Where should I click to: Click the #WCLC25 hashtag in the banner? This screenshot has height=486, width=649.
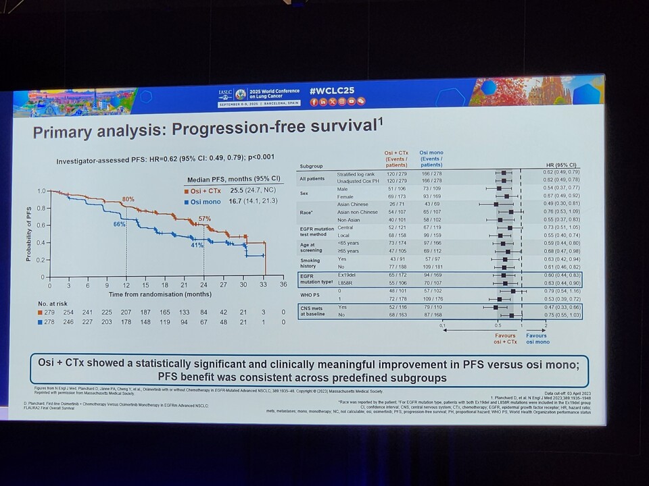(337, 90)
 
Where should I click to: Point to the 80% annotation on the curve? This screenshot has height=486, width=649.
(128, 199)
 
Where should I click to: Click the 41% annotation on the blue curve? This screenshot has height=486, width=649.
(197, 246)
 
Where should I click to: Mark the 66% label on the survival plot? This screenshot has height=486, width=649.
(118, 223)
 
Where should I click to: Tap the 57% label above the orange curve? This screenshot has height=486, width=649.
(204, 219)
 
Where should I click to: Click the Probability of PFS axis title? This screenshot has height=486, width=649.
(28, 234)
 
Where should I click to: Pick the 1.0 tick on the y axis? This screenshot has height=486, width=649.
(42, 192)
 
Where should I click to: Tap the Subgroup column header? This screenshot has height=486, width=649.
(311, 165)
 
